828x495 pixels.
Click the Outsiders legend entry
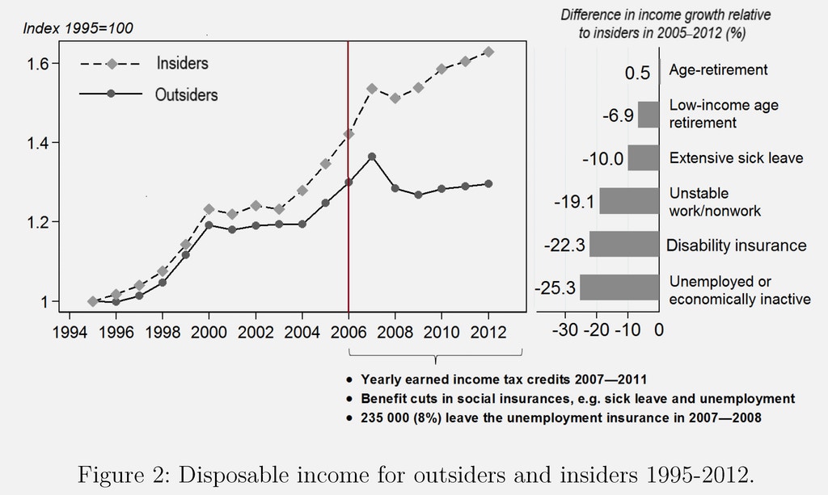point(186,94)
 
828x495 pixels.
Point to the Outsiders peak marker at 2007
point(372,157)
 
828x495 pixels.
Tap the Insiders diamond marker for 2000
point(209,209)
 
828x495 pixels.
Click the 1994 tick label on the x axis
point(70,332)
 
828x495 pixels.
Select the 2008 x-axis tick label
point(395,332)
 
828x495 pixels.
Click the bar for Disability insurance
point(624,244)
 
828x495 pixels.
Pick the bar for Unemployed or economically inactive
point(619,287)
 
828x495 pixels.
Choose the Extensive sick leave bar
point(644,157)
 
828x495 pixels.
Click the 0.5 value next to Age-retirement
point(637,73)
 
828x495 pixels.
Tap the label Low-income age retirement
point(712,114)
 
